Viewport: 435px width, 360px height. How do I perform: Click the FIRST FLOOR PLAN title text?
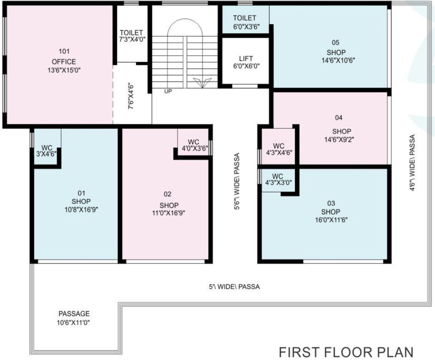coord(346,352)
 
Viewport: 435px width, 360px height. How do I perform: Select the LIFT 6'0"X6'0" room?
coord(246,62)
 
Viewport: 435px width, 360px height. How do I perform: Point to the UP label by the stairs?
coord(168,91)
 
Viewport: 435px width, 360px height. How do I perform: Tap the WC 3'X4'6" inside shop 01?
coord(46,150)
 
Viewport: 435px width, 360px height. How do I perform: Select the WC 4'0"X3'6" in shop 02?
coord(194,145)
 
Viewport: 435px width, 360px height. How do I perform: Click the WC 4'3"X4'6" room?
coord(278,149)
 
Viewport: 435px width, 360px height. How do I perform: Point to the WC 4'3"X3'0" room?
coord(278,180)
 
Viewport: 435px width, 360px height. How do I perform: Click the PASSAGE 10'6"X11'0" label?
coord(74,318)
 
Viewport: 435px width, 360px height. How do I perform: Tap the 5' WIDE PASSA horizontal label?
coord(234,286)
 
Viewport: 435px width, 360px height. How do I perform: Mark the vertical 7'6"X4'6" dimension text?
coord(132,96)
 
